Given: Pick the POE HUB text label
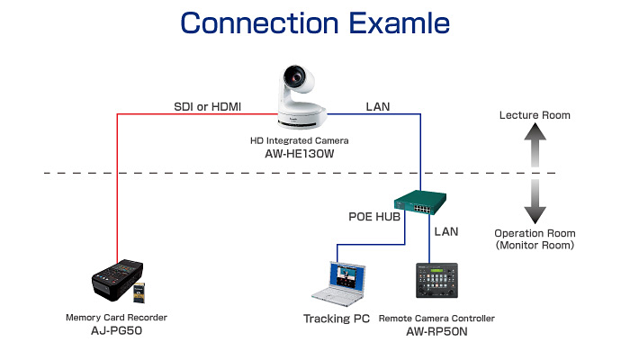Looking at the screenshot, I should click(373, 217).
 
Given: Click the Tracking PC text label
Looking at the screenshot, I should click(337, 319).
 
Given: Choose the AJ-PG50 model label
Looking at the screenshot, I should click(117, 330).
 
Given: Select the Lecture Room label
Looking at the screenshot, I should click(535, 115).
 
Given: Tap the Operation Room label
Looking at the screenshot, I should click(534, 232).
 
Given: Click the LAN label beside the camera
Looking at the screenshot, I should click(378, 106).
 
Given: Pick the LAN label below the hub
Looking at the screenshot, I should click(446, 231).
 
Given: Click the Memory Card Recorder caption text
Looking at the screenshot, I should click(117, 318).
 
